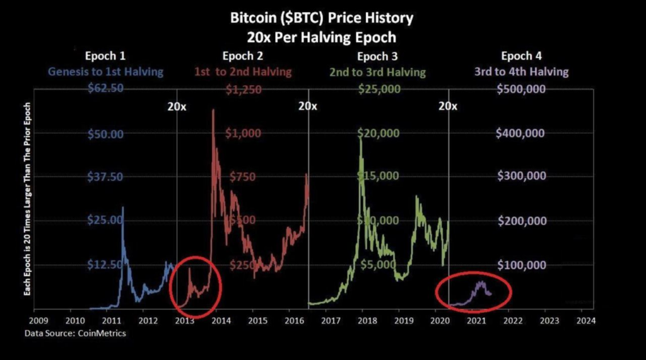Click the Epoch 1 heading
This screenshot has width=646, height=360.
point(109,56)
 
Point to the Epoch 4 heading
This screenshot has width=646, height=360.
point(521,56)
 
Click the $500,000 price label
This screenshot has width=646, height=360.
point(521,89)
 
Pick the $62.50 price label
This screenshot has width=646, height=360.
point(105,89)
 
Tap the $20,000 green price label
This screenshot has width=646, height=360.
point(379,133)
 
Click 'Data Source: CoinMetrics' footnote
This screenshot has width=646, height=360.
point(75,333)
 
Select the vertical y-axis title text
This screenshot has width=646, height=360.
point(26,199)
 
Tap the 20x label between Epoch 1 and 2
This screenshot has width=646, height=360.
point(177,106)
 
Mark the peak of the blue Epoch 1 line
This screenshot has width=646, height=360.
point(122,207)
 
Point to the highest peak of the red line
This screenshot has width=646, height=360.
point(213,110)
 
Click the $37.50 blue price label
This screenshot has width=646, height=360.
point(105,177)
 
